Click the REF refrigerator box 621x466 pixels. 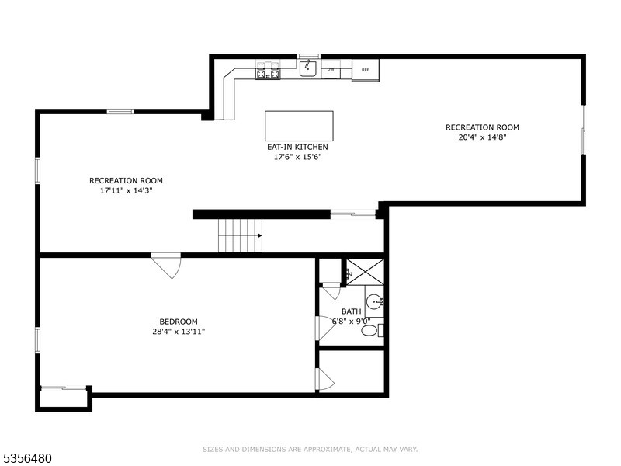point(365,70)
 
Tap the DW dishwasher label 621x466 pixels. point(331,69)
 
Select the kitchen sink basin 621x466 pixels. point(307,68)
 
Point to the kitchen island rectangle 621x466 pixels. point(299,126)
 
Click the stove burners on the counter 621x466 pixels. point(268,70)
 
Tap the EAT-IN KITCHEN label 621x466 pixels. point(297,147)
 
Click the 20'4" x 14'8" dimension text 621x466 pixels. point(482,137)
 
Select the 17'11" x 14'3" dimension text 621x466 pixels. point(126,190)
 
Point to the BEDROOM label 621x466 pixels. point(179,322)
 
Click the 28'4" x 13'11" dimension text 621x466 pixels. point(179,332)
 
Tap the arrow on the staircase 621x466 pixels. point(260,235)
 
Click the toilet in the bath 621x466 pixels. point(373,331)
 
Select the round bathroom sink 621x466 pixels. point(374,302)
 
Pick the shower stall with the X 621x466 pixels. point(365,272)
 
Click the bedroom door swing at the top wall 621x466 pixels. point(166,266)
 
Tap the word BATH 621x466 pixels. point(352,311)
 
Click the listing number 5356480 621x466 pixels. point(26,458)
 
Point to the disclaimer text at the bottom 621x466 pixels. point(310,450)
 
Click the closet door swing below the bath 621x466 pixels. point(325,379)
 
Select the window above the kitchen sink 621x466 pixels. point(308,56)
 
